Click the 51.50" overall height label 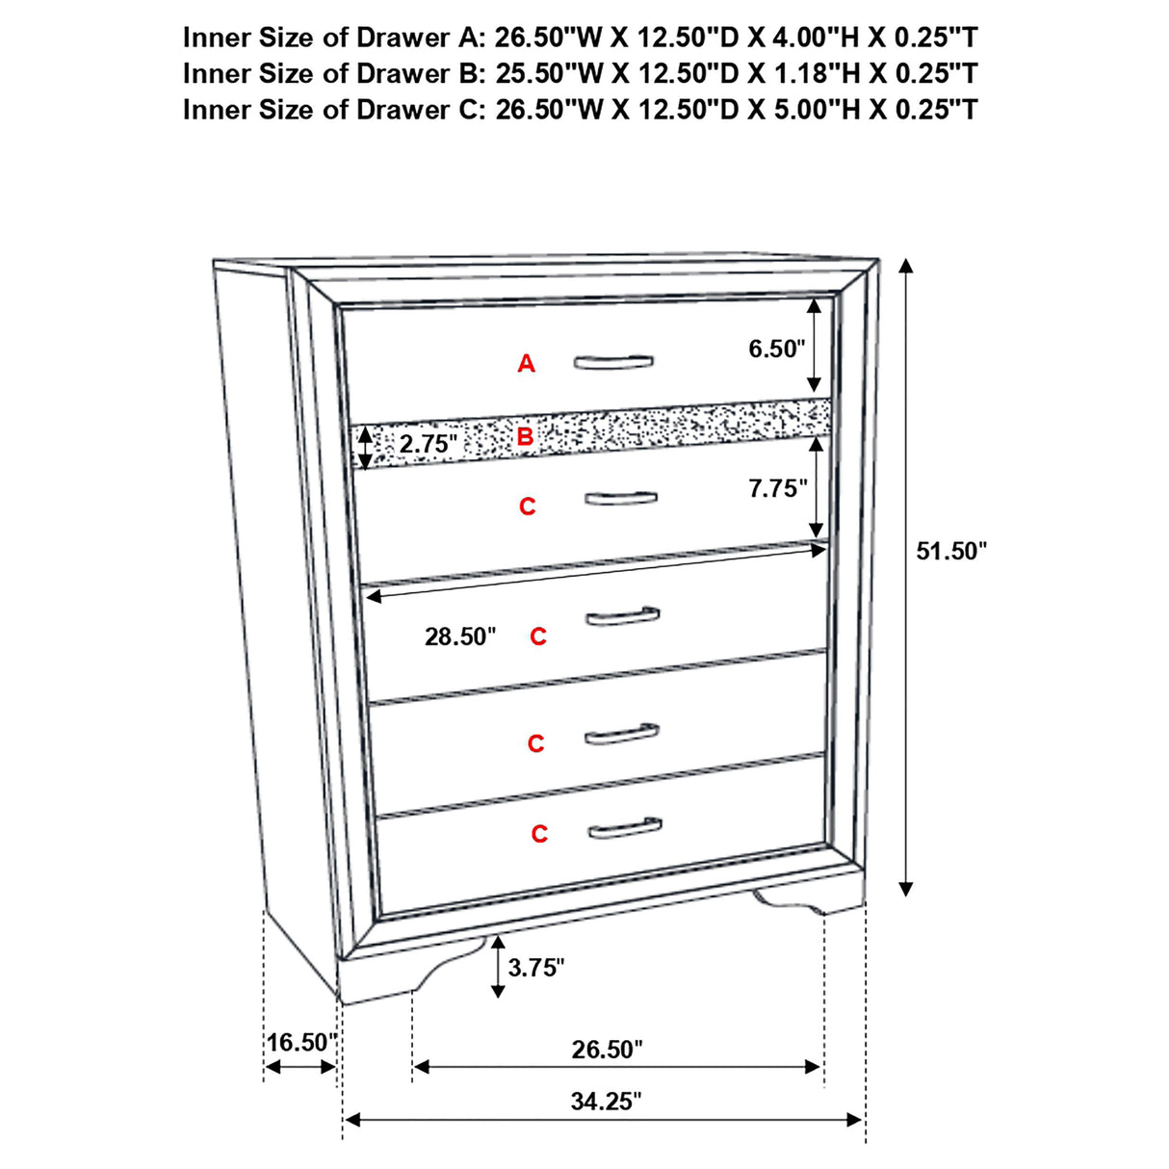pyautogui.click(x=951, y=551)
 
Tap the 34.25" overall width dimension pyautogui.click(x=605, y=1101)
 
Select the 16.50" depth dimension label pyautogui.click(x=300, y=1042)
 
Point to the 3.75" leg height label pyautogui.click(x=536, y=968)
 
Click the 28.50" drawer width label pyautogui.click(x=460, y=636)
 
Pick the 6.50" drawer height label pyautogui.click(x=776, y=349)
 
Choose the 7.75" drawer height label pyautogui.click(x=778, y=488)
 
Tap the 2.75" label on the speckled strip pyautogui.click(x=428, y=444)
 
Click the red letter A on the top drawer pyautogui.click(x=526, y=364)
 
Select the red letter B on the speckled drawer pyautogui.click(x=525, y=437)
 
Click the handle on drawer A pyautogui.click(x=613, y=361)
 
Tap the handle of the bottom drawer pyautogui.click(x=624, y=827)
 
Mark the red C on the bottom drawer pyautogui.click(x=539, y=834)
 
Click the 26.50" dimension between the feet pyautogui.click(x=607, y=1049)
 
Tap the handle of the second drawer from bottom pyautogui.click(x=622, y=734)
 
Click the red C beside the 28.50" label pyautogui.click(x=538, y=636)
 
